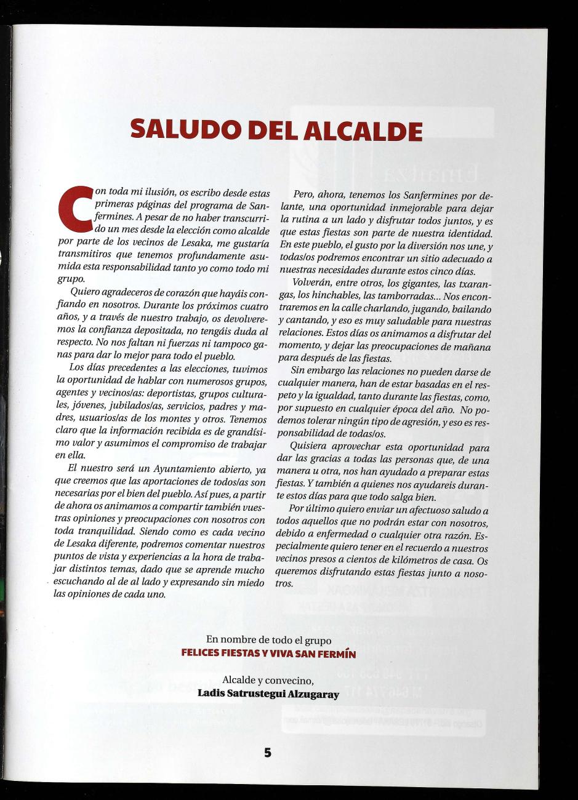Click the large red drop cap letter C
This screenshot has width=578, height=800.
(x=74, y=211)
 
